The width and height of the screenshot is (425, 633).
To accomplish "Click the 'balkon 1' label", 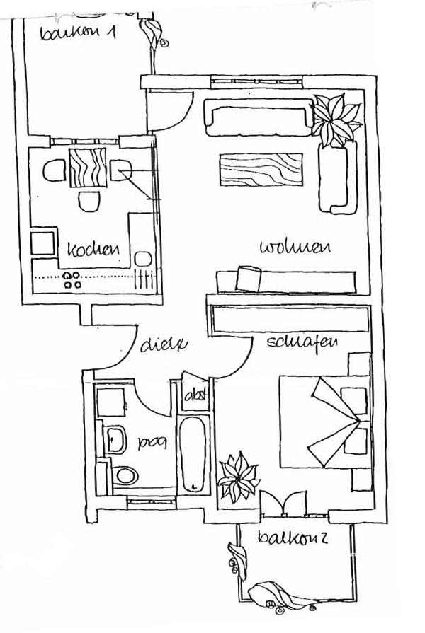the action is point(78,33).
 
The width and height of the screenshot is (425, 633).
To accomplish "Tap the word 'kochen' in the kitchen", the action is point(92,250).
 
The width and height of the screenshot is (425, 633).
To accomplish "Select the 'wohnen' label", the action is point(295,247).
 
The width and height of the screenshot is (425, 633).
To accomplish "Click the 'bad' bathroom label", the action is point(152,444).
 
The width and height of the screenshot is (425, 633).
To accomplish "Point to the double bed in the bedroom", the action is point(325,420).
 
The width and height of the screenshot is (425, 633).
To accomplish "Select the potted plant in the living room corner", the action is point(336,120).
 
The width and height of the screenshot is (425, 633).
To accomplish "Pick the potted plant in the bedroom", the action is point(238,479).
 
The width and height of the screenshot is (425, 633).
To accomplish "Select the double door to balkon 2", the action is point(283,503).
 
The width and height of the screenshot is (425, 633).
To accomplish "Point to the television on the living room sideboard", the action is point(248,277).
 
